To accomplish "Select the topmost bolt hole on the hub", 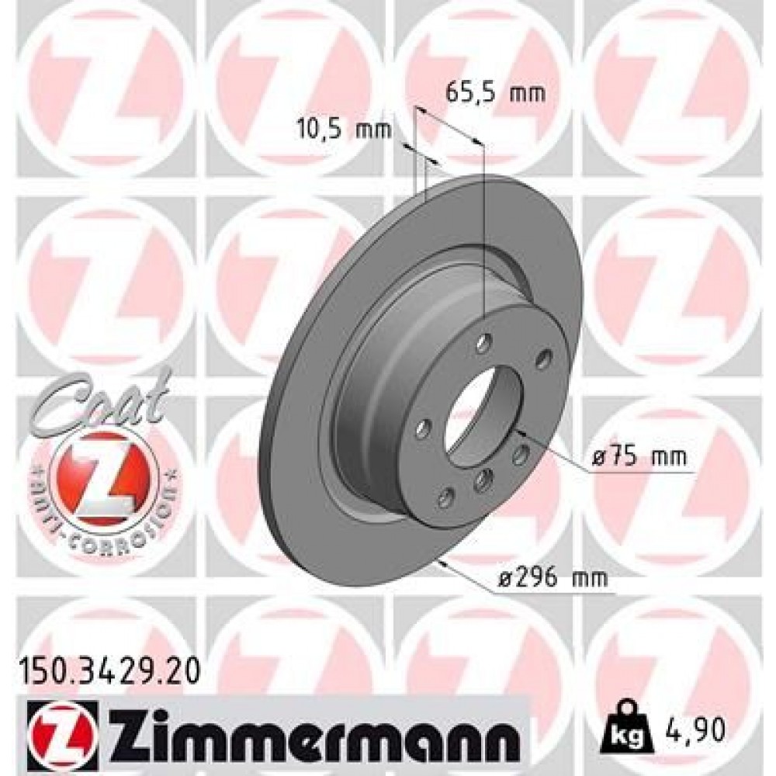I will click(x=485, y=341).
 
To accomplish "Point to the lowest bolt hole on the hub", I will click(x=447, y=497).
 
